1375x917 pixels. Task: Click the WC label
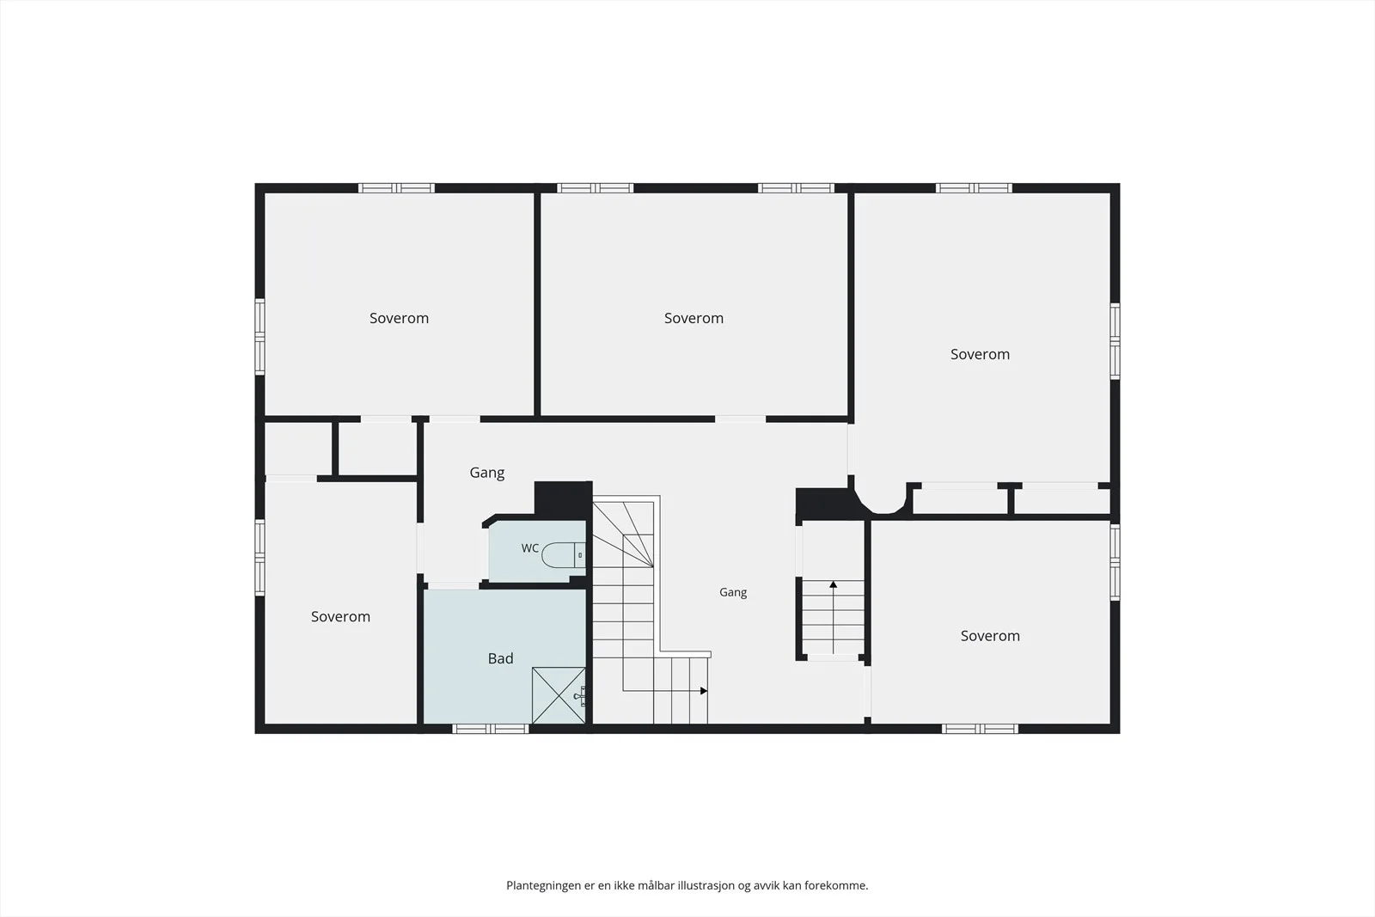pos(529,548)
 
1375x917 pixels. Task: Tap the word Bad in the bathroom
pos(500,658)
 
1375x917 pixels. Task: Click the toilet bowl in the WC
pos(558,555)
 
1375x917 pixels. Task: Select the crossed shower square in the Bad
pos(559,695)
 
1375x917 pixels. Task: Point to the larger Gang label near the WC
pos(486,474)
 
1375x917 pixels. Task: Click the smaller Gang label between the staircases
pos(733,592)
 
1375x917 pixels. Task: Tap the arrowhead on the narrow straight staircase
pos(833,584)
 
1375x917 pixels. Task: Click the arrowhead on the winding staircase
pos(704,690)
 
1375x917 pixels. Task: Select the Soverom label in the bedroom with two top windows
pos(694,318)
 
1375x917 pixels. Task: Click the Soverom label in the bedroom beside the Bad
pos(340,616)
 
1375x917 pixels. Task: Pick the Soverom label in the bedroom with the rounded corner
pos(980,354)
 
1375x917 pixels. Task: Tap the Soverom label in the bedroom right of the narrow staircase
pos(990,636)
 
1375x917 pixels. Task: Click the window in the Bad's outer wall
pos(491,729)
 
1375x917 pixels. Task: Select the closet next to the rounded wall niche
pos(961,501)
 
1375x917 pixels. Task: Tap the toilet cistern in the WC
pos(580,555)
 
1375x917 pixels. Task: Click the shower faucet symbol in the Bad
pos(580,696)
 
